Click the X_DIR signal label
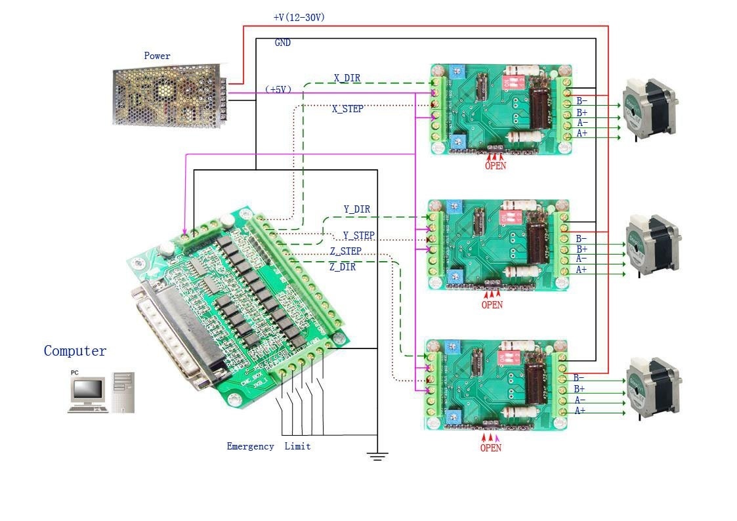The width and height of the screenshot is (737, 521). pos(347,78)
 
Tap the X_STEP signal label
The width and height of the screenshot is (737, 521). pos(347,109)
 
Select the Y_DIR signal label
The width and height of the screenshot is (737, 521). pos(356,209)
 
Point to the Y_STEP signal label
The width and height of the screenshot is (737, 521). pos(358,236)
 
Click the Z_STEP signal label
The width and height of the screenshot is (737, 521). pos(345,251)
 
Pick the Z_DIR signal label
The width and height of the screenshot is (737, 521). pos(342,267)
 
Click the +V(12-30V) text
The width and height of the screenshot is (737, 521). pos(299,18)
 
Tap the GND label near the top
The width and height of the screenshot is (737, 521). pos(283,43)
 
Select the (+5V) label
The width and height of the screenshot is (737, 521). pos(278,89)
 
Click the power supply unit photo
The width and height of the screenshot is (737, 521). pos(169,95)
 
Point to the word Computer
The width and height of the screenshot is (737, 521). pos(75,351)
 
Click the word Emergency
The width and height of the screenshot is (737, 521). pos(250,446)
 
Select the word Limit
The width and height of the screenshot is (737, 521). pos(297,446)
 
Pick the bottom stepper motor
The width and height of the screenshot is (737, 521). pos(653,386)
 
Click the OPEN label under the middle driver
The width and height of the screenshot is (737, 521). pos(492,304)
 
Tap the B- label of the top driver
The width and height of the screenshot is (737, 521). pos(582,102)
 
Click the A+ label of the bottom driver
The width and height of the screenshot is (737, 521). pos(580,411)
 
